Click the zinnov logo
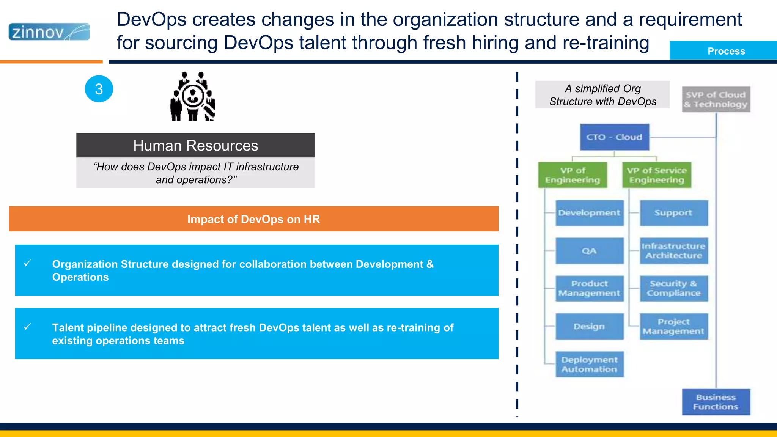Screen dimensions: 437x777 pos(49,32)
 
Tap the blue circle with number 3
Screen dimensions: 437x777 pos(99,89)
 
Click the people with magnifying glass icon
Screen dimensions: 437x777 pos(193,96)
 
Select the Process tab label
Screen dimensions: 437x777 pos(726,51)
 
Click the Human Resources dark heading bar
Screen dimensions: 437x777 pos(195,145)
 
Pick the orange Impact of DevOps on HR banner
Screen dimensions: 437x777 pos(253,219)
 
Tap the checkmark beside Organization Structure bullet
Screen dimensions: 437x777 pos(27,263)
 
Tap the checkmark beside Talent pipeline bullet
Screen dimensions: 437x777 pos(27,327)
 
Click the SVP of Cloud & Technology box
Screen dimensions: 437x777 pos(716,99)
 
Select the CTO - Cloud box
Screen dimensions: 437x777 pos(614,137)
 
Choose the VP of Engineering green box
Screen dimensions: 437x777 pos(572,175)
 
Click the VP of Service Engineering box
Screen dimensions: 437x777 pos(656,175)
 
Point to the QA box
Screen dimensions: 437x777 pos(589,251)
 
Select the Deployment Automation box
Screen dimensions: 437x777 pos(589,364)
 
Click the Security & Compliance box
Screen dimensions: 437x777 pos(673,288)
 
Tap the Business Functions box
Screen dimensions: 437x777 pos(716,402)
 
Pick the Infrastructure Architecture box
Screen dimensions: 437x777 pos(673,251)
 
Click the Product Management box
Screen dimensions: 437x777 pos(589,288)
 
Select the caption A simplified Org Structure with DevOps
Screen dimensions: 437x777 pos(602,95)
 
